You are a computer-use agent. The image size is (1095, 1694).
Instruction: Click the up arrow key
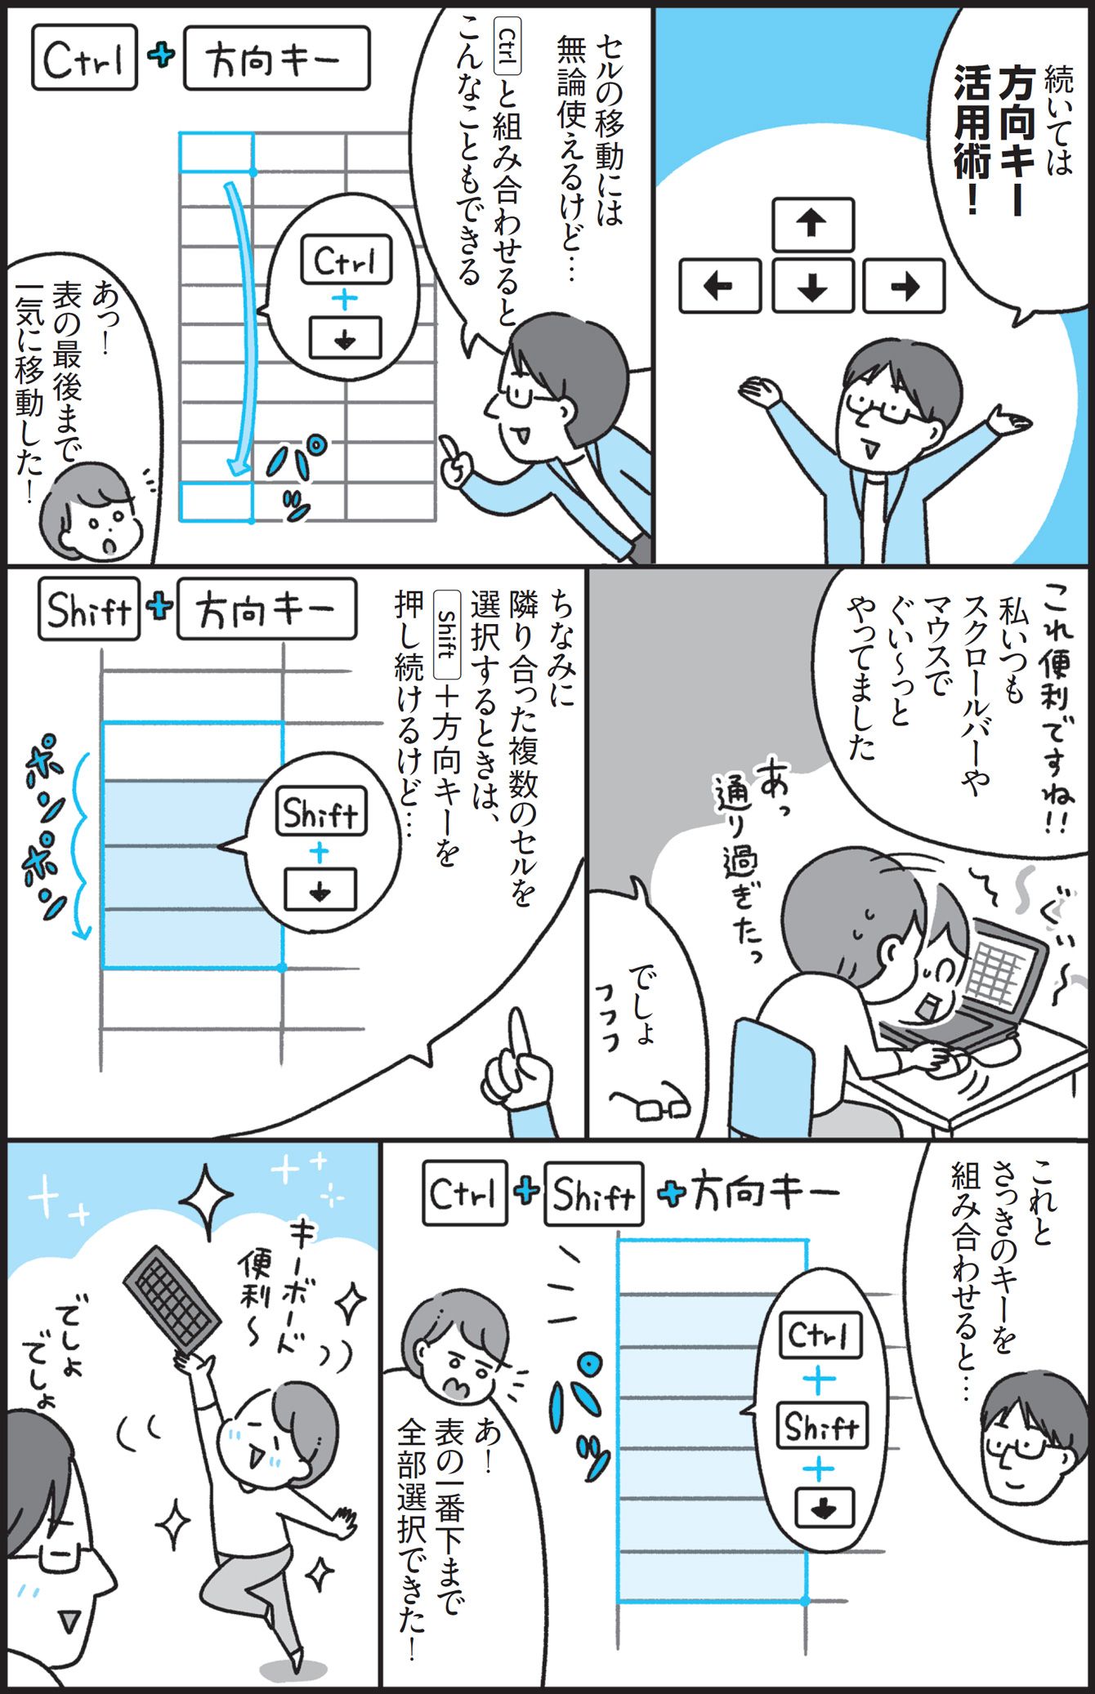[x=812, y=225]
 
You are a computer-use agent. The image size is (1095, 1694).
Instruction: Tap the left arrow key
[x=720, y=286]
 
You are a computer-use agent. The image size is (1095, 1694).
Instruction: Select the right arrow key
[x=904, y=286]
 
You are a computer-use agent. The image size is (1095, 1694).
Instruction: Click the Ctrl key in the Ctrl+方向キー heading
[x=85, y=59]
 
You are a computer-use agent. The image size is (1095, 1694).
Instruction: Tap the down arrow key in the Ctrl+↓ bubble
[x=345, y=338]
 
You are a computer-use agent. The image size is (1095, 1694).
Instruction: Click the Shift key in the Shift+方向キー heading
[x=89, y=609]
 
